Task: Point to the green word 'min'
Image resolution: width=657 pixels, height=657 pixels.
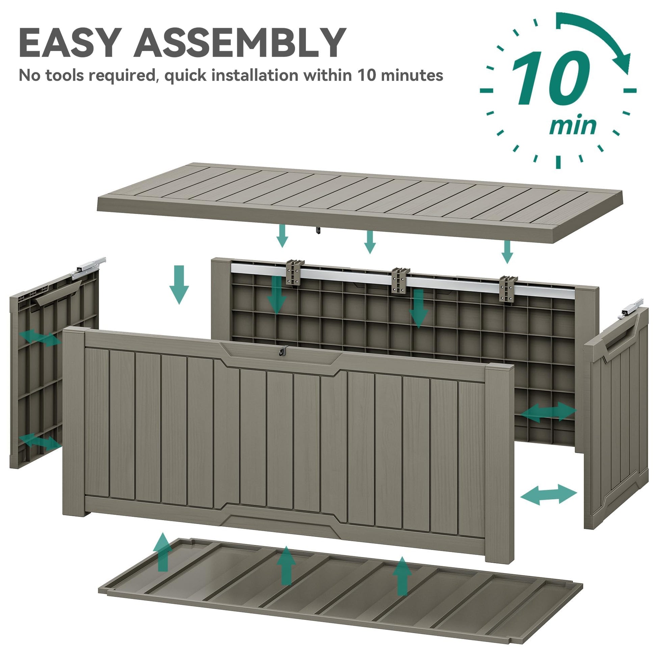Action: (x=573, y=126)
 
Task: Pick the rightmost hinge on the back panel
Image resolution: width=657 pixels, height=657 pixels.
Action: (x=508, y=288)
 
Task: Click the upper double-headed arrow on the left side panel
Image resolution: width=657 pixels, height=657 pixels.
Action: (x=40, y=338)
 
